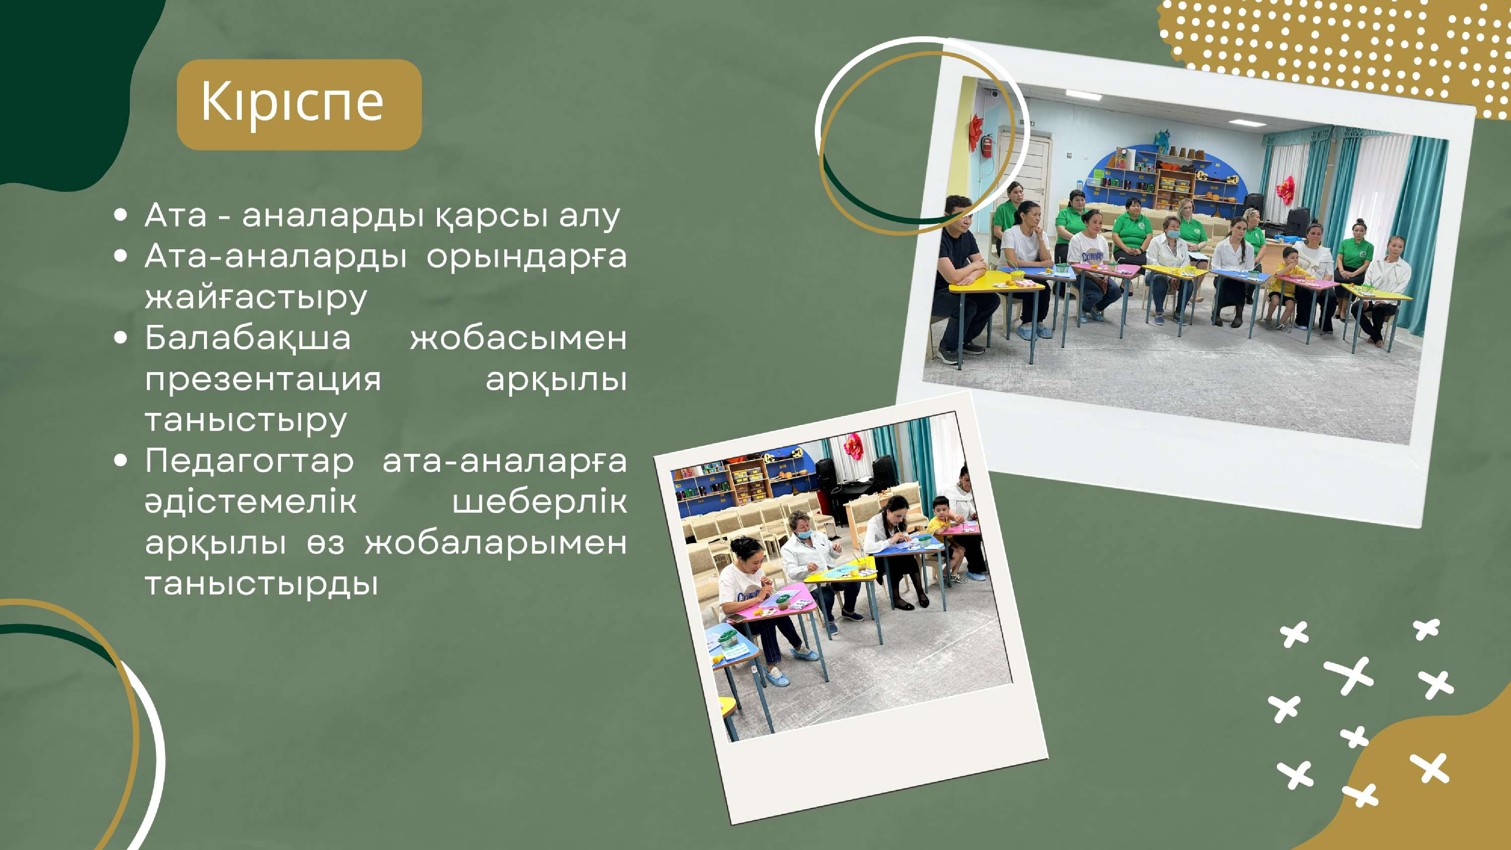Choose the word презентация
click(x=263, y=380)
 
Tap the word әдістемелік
click(x=250, y=502)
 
